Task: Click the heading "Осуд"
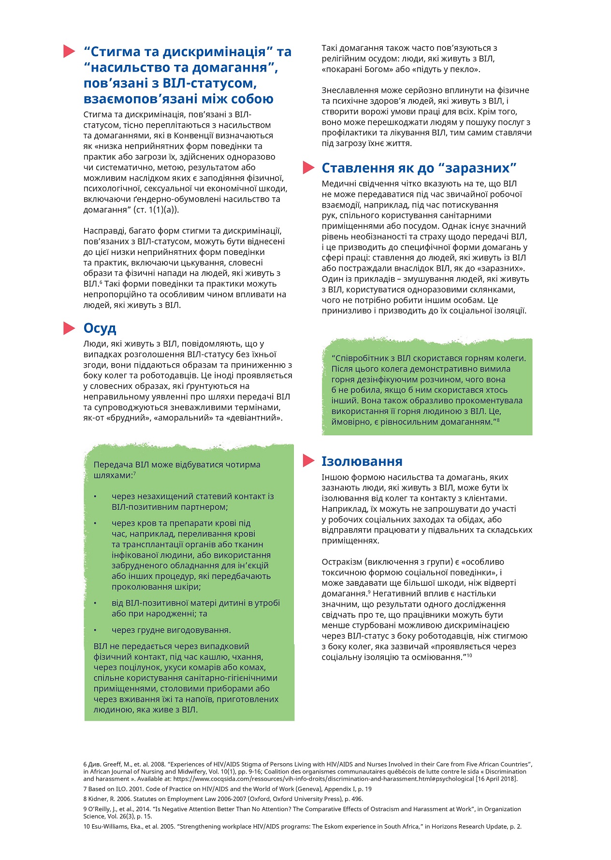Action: (x=100, y=328)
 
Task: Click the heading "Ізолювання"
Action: (x=362, y=461)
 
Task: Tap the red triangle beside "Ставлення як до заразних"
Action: (x=308, y=167)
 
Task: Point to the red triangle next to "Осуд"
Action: (x=69, y=328)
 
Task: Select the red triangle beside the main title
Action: (x=69, y=51)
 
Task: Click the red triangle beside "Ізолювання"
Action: (x=308, y=461)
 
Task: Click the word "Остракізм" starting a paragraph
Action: (x=341, y=562)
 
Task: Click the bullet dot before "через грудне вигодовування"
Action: (x=95, y=630)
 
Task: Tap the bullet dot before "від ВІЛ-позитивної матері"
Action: (x=95, y=603)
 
